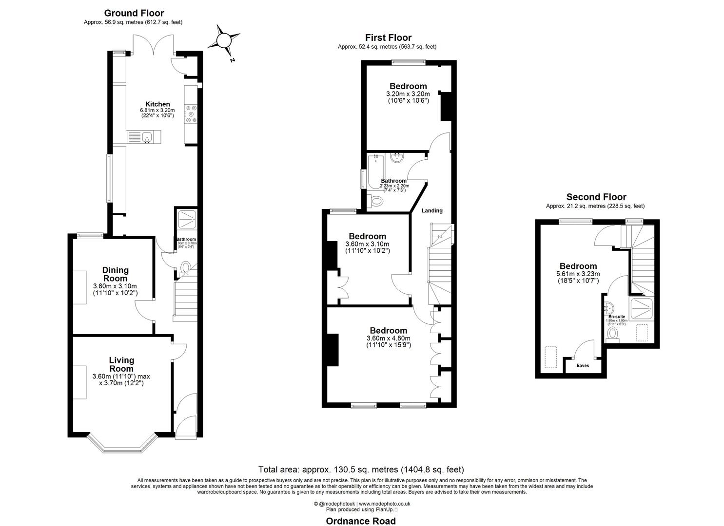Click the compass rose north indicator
tap(223, 40)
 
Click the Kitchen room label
tap(157, 104)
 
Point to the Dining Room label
tap(116, 274)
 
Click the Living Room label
tap(121, 364)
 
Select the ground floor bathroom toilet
tap(186, 268)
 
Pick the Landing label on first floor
tap(432, 211)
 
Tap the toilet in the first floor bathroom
tap(376, 201)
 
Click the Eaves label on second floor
tap(583, 366)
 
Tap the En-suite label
tap(617, 317)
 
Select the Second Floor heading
tap(596, 197)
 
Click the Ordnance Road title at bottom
tap(361, 521)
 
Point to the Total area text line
tap(361, 470)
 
